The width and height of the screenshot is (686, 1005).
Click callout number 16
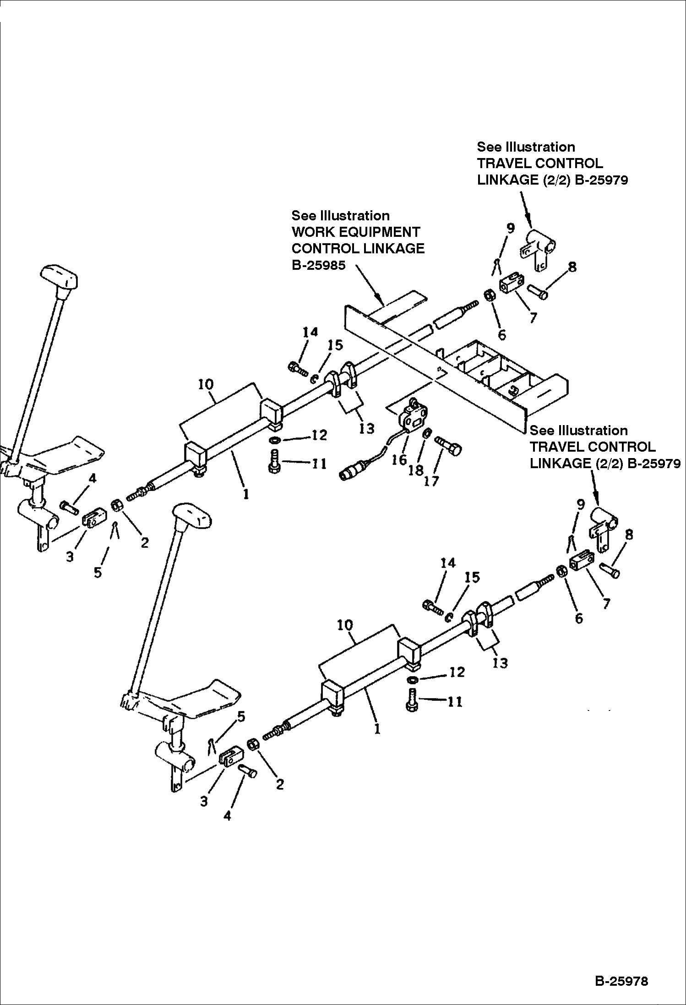(399, 460)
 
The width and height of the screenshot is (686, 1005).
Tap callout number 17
(431, 481)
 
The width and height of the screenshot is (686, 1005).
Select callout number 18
(415, 470)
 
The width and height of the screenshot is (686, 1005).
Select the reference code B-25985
(318, 265)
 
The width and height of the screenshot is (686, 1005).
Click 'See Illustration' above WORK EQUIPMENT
(340, 216)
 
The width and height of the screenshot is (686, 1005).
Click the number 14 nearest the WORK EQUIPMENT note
(310, 332)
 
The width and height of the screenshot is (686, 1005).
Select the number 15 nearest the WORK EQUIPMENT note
(335, 345)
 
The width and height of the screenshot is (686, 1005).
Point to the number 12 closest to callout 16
(319, 435)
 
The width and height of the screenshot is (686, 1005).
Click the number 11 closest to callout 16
(319, 464)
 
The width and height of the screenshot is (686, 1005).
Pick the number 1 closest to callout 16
(246, 494)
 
